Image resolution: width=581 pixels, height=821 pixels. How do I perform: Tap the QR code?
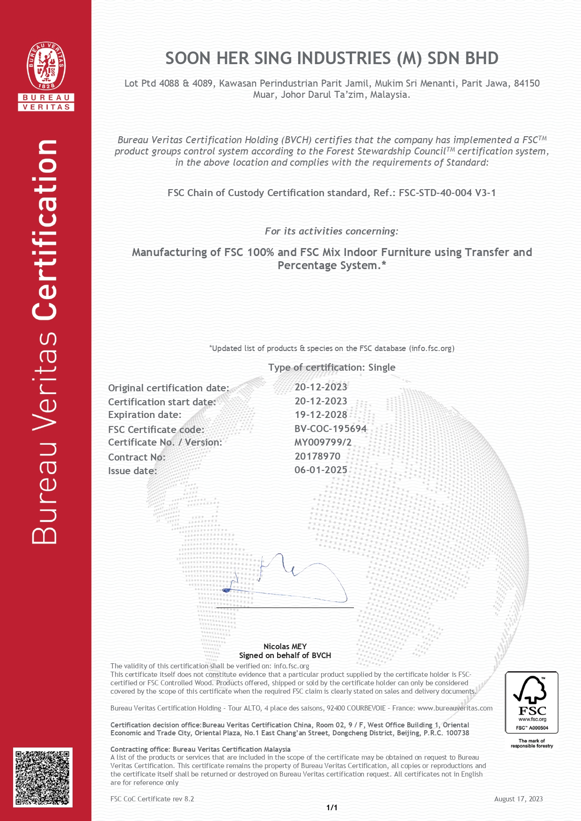pos(43,777)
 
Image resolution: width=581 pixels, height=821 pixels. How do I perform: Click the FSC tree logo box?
pos(531,702)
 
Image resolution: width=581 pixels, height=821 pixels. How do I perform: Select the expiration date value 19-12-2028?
pos(321,415)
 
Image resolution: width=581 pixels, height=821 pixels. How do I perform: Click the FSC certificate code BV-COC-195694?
pos(330,429)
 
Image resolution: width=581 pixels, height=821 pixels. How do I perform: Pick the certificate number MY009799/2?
pos(323,442)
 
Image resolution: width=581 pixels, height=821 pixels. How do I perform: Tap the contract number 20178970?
pos(317,456)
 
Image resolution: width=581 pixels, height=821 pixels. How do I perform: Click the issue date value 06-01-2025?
pos(321,470)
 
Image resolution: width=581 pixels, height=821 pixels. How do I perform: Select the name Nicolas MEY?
pos(285,646)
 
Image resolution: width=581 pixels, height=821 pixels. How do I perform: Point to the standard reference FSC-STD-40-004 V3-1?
pos(447,193)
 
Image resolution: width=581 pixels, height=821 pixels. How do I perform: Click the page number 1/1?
pos(331,807)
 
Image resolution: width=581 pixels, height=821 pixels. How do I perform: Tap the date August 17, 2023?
pos(518,799)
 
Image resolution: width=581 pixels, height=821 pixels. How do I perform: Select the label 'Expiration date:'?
pos(145,415)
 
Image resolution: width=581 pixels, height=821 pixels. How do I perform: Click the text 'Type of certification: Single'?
pos(331,367)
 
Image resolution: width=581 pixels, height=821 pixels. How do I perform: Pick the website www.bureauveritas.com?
pos(455,708)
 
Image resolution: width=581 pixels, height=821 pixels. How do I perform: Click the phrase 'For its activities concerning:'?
pos(331,231)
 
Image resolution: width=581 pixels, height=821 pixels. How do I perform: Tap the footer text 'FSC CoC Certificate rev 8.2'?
pos(152,799)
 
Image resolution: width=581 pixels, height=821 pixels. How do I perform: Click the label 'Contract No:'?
pos(137,457)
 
